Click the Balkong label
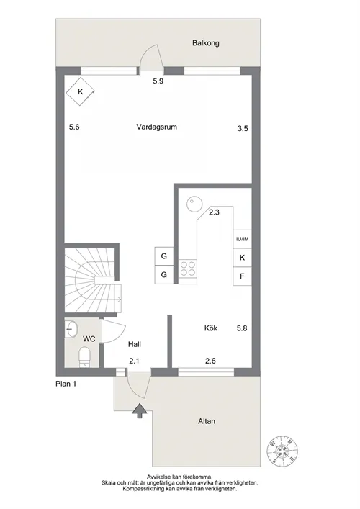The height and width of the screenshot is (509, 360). click(205, 43)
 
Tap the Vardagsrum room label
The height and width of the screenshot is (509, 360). click(157, 127)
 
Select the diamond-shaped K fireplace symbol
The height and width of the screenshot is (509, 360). click(81, 92)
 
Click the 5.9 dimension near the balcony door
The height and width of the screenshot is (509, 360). click(158, 81)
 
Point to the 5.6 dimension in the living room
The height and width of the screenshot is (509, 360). click(74, 127)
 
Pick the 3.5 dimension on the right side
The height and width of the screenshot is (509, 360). click(243, 129)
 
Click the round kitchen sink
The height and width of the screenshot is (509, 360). click(194, 204)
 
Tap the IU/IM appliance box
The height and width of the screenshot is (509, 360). click(242, 239)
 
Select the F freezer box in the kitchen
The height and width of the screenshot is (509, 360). click(242, 276)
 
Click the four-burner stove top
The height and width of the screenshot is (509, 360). click(188, 269)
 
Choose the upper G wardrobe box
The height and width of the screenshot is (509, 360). click(164, 256)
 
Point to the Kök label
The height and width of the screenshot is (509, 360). click(211, 328)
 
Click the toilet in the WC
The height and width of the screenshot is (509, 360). click(85, 357)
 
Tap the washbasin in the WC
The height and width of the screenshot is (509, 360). click(71, 329)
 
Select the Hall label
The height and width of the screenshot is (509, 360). click(135, 344)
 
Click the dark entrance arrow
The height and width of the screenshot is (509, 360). click(140, 410)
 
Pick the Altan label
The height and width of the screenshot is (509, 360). click(207, 421)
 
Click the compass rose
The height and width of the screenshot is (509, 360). click(282, 451)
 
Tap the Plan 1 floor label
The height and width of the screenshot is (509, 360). click(66, 384)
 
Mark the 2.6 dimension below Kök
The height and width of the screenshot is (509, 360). click(210, 361)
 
